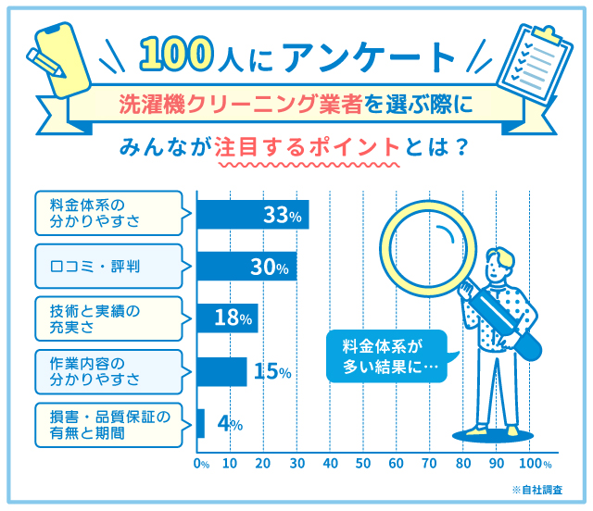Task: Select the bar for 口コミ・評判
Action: pos(235,267)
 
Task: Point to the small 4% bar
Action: pos(200,423)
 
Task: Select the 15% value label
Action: pos(272,372)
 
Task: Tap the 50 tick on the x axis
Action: pos(362,463)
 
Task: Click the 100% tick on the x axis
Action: pos(535,463)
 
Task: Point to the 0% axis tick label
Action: pos(201,463)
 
